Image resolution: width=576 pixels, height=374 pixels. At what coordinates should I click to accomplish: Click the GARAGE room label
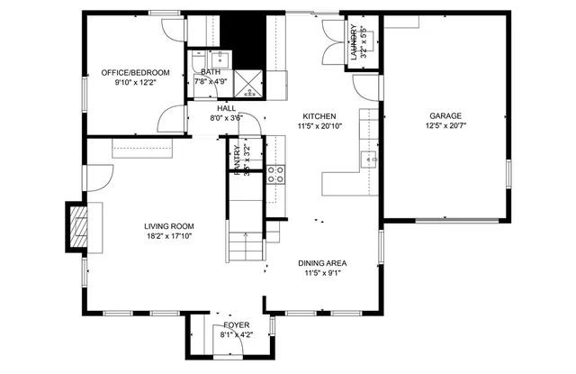click(x=445, y=116)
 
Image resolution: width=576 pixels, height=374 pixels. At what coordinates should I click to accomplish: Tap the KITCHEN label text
click(x=319, y=116)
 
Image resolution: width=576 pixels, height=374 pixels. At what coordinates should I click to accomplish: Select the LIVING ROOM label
click(x=169, y=226)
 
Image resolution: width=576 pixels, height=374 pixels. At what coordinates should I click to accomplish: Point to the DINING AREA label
click(x=322, y=263)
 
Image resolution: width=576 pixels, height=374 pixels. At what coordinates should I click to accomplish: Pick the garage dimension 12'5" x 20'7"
click(x=445, y=127)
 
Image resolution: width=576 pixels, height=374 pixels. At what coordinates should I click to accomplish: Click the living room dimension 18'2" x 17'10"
click(x=169, y=236)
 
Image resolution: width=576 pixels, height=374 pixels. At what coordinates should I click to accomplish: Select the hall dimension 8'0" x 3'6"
click(x=226, y=117)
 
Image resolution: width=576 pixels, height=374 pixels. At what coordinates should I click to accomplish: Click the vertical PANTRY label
click(x=238, y=160)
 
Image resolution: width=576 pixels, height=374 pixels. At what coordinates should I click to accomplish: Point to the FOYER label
click(x=237, y=324)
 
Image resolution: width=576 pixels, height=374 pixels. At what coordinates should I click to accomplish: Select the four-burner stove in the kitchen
click(x=277, y=173)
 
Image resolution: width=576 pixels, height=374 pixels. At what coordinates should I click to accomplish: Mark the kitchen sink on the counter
click(x=369, y=160)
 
